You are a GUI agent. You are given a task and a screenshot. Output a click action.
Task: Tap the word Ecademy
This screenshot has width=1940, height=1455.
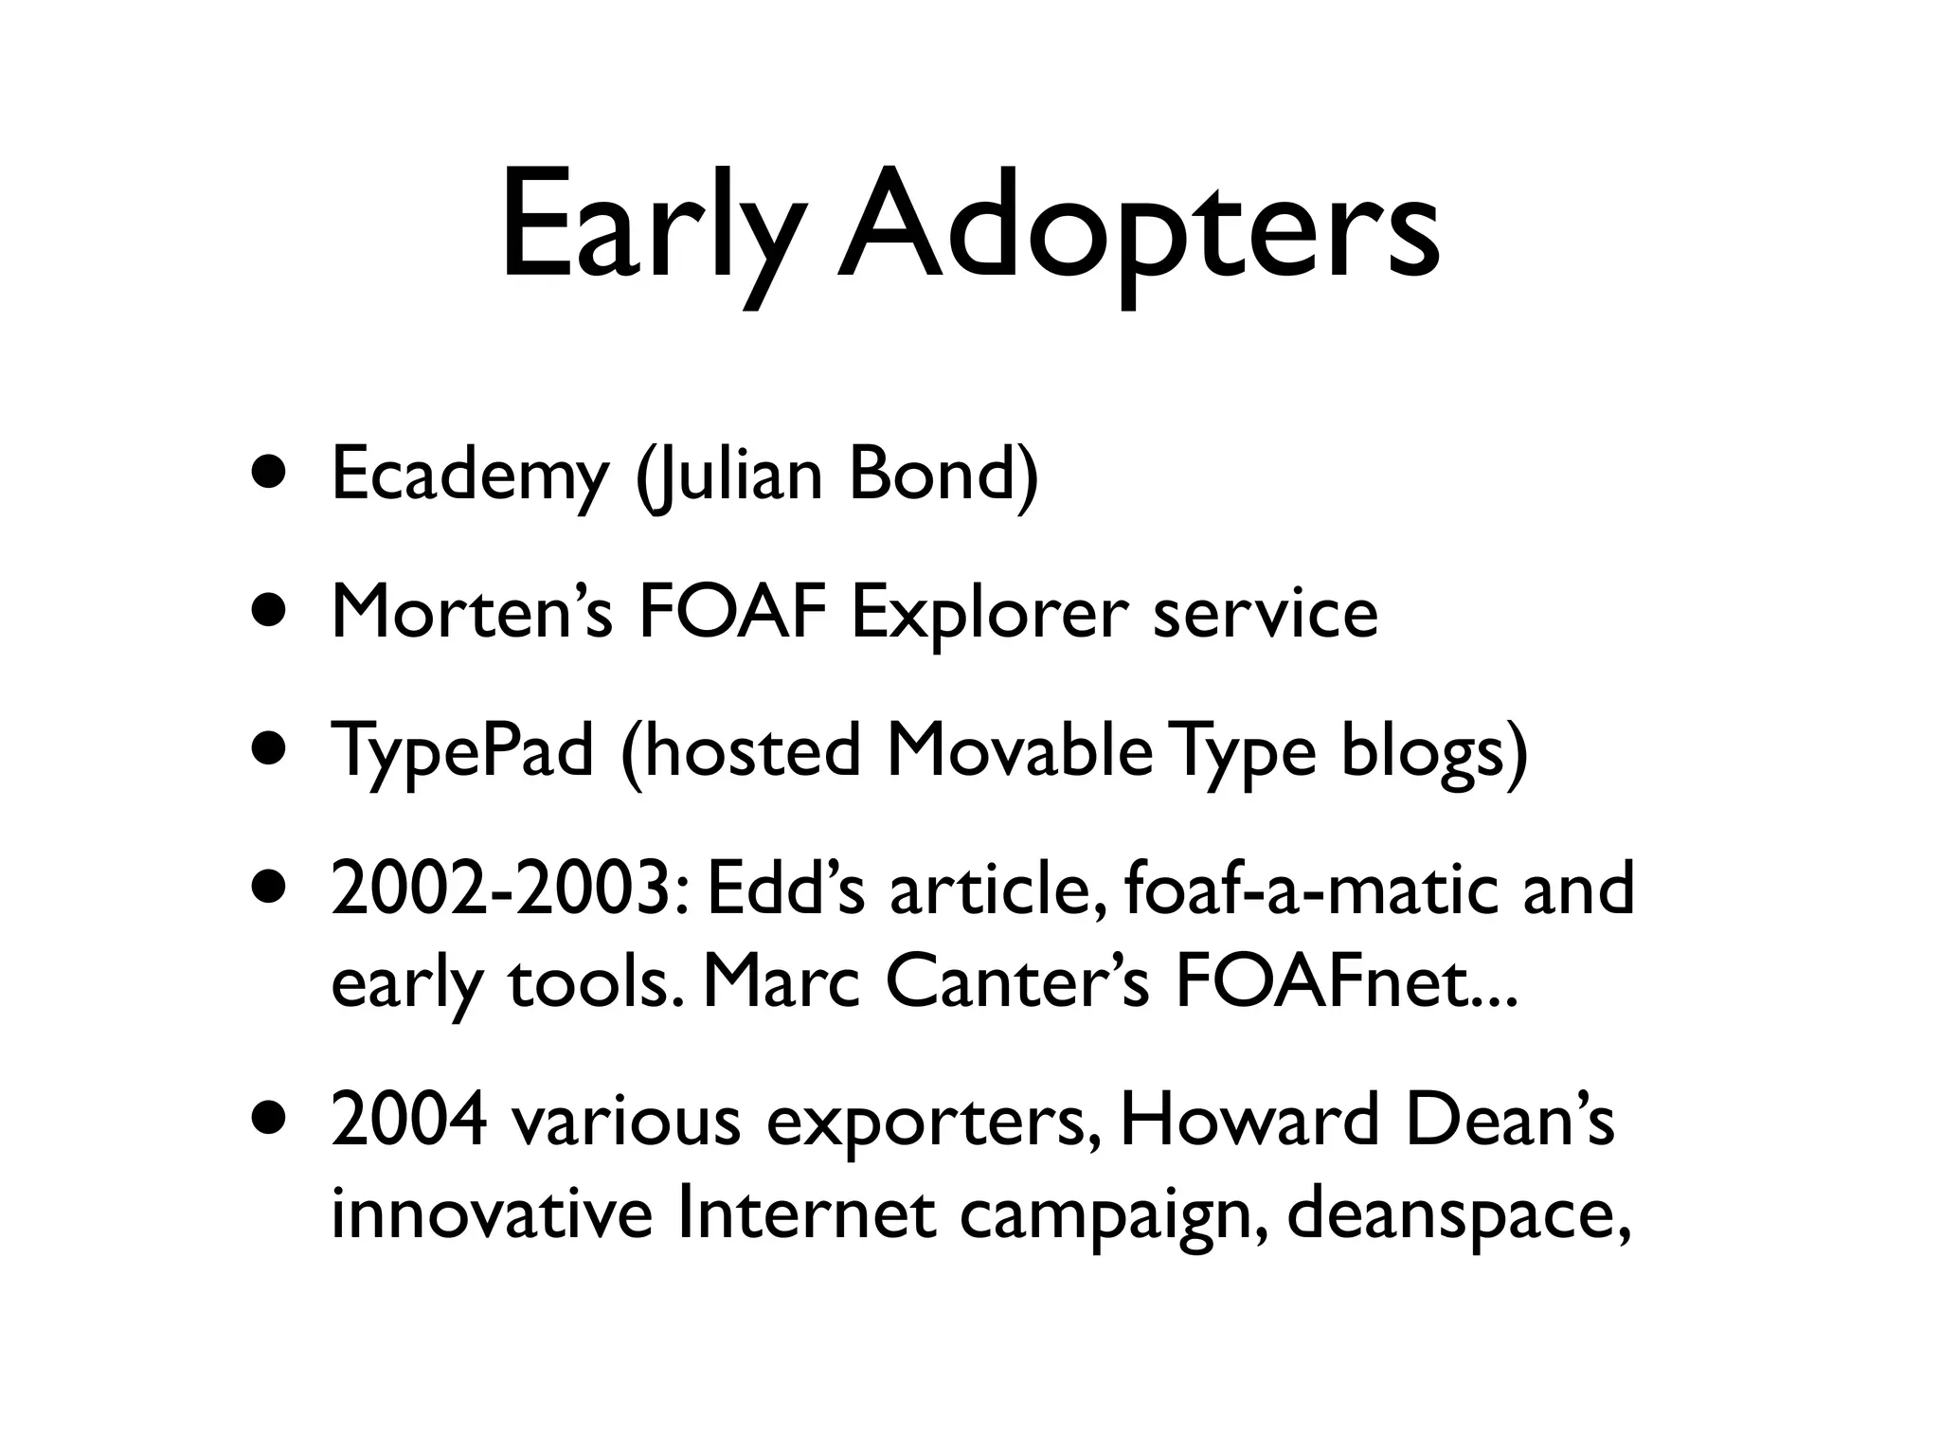click(470, 476)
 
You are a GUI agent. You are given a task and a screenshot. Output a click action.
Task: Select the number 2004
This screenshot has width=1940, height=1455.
click(409, 1122)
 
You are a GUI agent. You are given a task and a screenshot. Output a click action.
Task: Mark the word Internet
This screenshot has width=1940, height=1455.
click(805, 1213)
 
